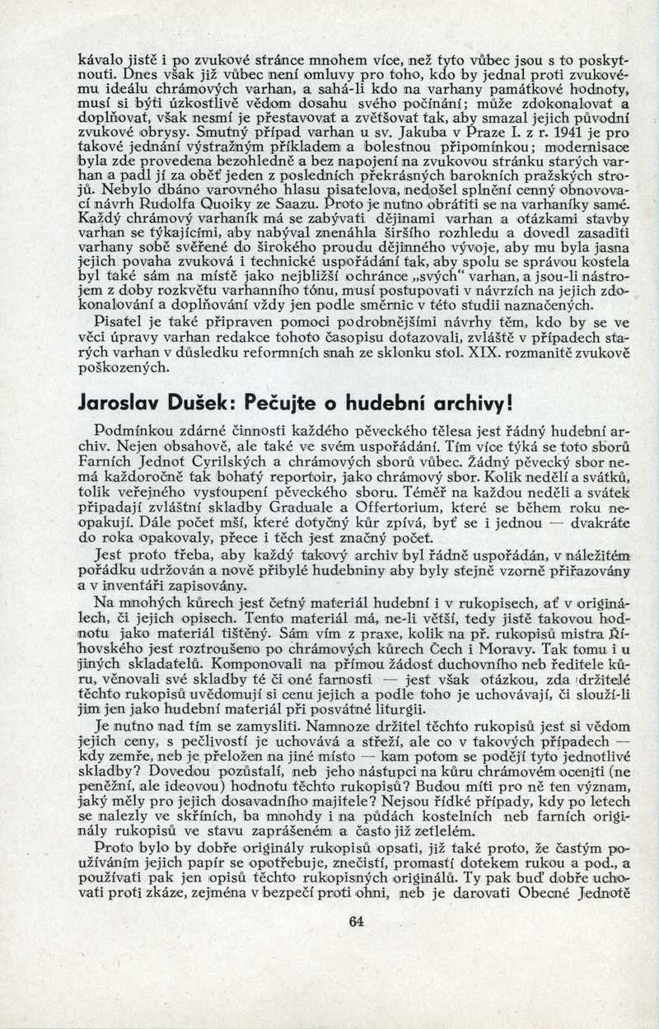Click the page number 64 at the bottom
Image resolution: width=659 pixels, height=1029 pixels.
click(356, 922)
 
